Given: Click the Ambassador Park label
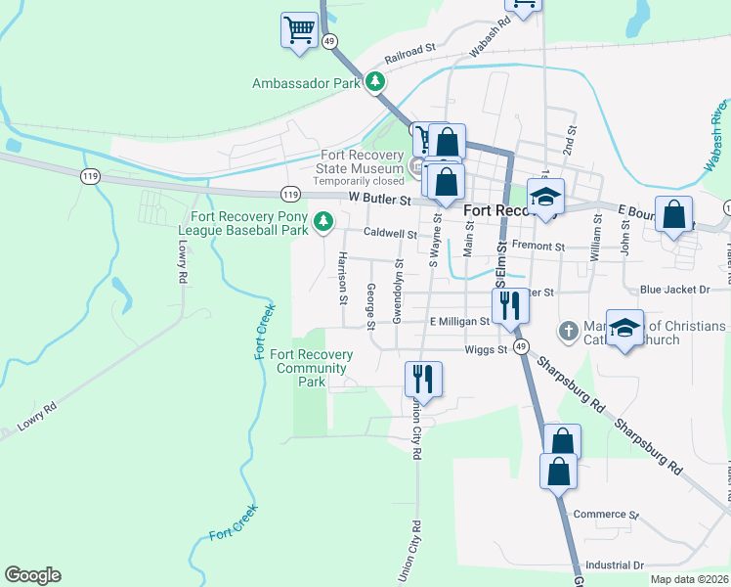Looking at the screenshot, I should click(x=306, y=84).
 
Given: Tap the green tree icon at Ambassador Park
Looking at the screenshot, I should click(x=374, y=82).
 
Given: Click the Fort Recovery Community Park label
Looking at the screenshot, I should click(x=312, y=368).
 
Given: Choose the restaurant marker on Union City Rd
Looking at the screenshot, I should click(x=423, y=378).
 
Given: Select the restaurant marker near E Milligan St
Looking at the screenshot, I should click(x=509, y=305).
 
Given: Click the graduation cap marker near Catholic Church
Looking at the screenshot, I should click(x=624, y=328).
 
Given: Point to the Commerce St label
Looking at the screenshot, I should click(x=606, y=515).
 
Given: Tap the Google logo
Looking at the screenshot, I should click(x=32, y=575).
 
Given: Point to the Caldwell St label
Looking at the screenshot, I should click(x=391, y=235).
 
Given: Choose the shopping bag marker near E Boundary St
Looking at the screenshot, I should click(x=673, y=215).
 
